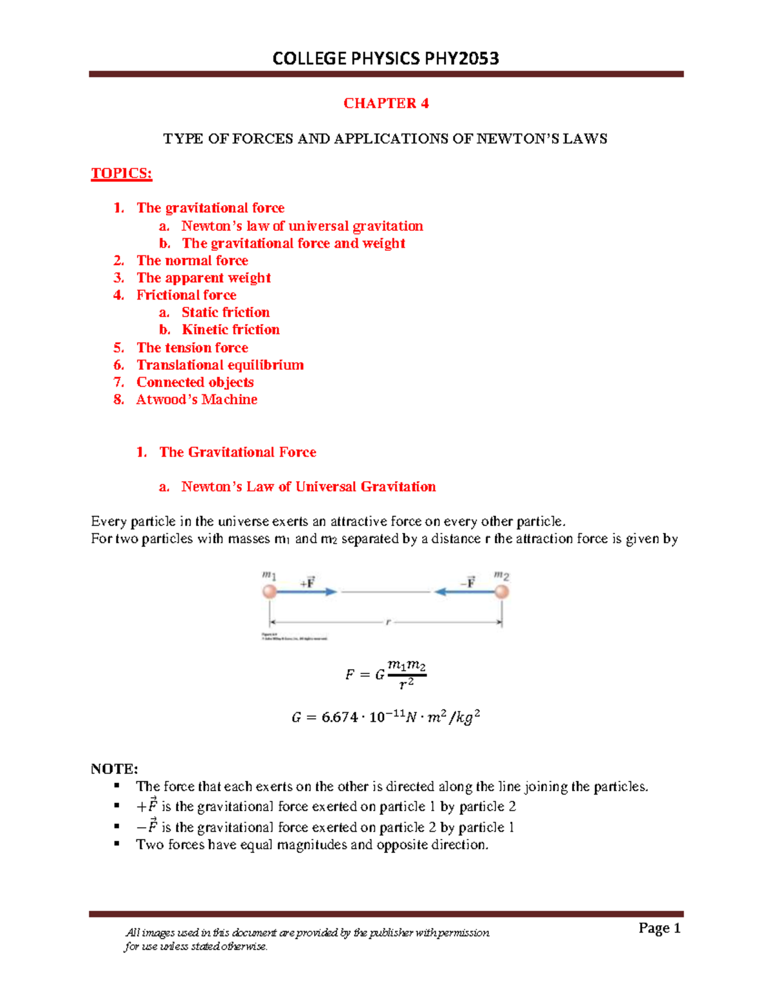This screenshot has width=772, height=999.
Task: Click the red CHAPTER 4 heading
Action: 386,104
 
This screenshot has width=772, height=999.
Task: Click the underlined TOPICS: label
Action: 122,174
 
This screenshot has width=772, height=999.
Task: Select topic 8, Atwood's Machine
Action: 196,399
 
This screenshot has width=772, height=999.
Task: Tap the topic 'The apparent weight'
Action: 203,278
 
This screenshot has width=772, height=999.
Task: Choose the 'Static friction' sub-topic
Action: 225,313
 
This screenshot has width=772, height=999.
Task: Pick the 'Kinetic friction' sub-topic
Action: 230,330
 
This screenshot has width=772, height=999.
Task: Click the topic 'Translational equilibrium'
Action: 220,365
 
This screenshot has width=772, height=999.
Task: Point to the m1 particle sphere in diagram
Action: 270,591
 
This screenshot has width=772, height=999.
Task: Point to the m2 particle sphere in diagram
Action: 502,591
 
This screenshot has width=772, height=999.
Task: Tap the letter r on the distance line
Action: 388,622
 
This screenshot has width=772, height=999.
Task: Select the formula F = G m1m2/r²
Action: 386,675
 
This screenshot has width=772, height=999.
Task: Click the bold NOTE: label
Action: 115,769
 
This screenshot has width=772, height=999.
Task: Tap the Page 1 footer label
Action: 659,928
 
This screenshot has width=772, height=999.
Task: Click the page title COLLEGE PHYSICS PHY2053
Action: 386,59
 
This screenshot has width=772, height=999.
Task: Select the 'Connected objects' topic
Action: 195,382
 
